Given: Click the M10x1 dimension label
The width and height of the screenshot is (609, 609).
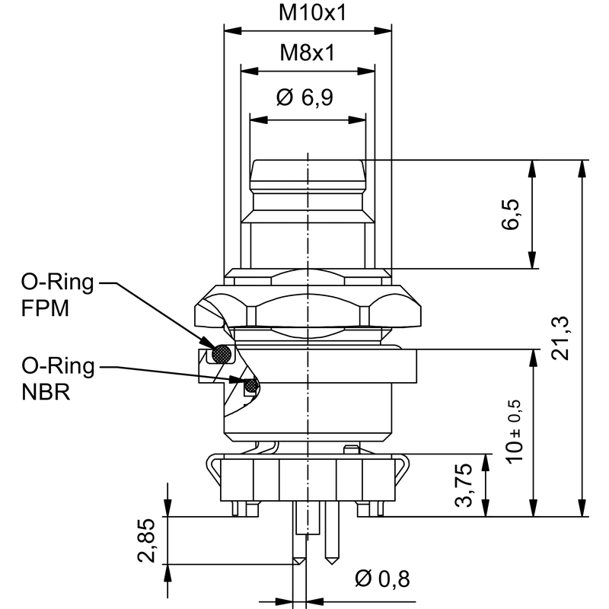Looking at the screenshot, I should pos(308,13).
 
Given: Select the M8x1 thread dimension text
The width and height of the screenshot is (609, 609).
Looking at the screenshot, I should pos(308,53).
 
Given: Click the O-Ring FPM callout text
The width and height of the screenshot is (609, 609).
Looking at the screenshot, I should pos(57,297).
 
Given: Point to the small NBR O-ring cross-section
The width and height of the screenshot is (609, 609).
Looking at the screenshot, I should pos(249,387).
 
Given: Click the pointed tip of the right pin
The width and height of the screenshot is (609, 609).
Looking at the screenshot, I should pos(332,564).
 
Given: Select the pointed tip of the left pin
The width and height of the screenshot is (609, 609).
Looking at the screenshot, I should pos(298,563).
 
